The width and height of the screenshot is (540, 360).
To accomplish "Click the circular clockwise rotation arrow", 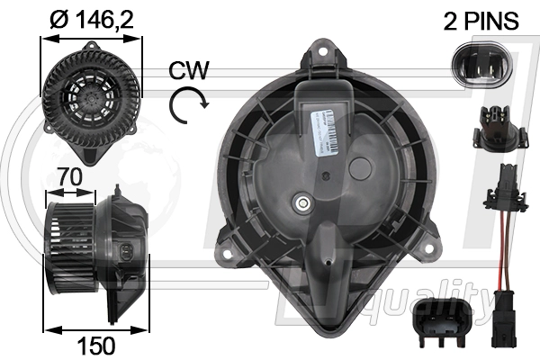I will (186, 105).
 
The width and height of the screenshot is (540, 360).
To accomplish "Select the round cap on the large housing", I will (362, 168).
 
